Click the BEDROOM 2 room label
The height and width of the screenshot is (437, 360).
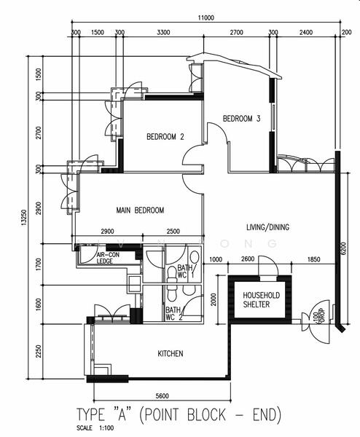(x=165, y=136)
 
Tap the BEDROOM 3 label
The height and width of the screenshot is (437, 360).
(x=241, y=119)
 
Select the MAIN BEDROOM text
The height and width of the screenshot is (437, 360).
(x=140, y=210)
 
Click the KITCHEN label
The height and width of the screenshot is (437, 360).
(x=171, y=354)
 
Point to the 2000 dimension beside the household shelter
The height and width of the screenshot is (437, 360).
(x=212, y=299)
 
